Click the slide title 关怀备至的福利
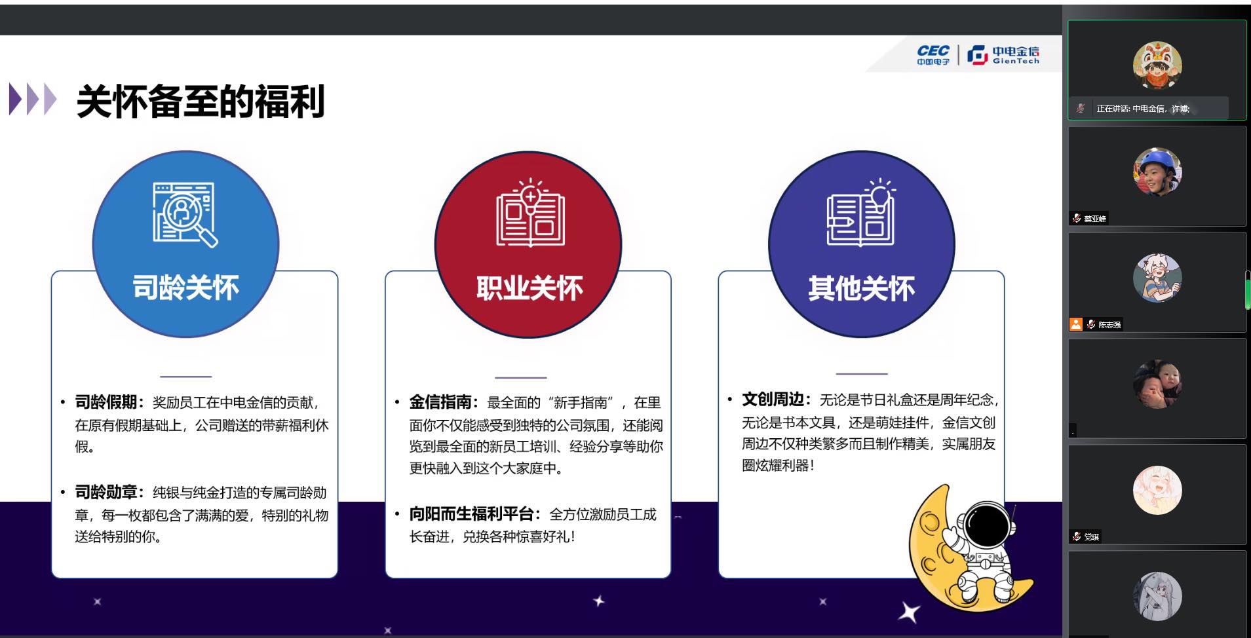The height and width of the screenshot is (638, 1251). click(201, 102)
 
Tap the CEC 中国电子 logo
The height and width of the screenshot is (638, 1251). click(933, 55)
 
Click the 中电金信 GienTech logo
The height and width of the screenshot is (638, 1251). click(1003, 55)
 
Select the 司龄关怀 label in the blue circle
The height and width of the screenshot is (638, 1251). click(185, 288)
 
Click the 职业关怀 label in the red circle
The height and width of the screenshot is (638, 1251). click(529, 288)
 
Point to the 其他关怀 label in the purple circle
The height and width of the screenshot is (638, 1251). click(861, 288)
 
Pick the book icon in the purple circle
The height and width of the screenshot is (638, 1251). click(861, 212)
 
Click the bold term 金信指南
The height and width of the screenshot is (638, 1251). click(440, 402)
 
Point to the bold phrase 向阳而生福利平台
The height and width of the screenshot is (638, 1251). click(471, 514)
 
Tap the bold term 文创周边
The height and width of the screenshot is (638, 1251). click(773, 400)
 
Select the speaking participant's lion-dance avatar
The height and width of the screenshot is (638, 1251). click(1157, 66)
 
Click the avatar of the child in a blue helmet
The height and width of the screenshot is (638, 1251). click(1157, 172)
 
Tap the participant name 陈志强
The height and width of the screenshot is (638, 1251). click(1109, 325)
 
